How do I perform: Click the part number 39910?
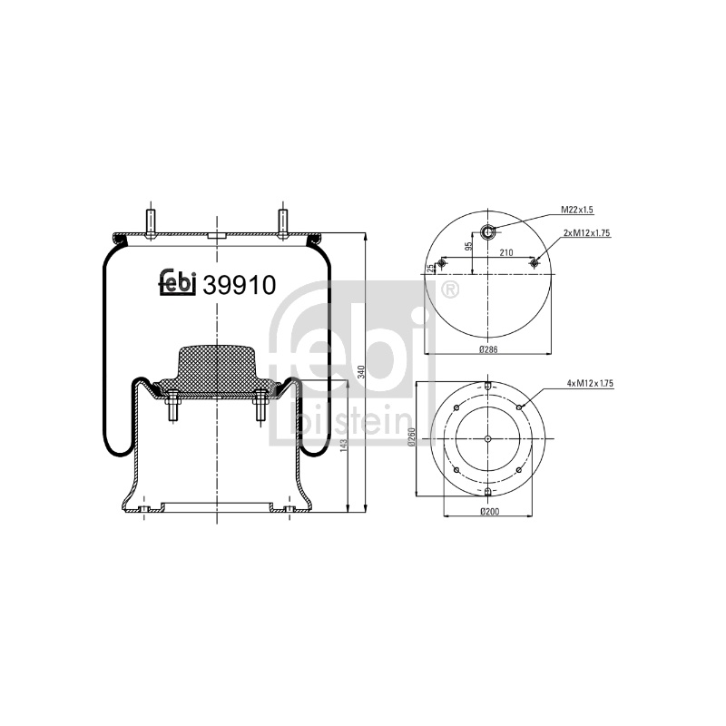(x=239, y=285)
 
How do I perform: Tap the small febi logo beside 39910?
(x=178, y=282)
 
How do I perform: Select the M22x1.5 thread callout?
(x=577, y=210)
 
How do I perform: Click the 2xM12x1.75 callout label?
(x=586, y=233)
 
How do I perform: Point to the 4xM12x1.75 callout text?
(x=590, y=383)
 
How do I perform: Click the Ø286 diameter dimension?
(x=488, y=349)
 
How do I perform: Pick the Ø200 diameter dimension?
(x=489, y=512)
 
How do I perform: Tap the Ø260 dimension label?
(x=412, y=437)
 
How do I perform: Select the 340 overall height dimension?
(x=361, y=371)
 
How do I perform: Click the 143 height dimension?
(x=343, y=446)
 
